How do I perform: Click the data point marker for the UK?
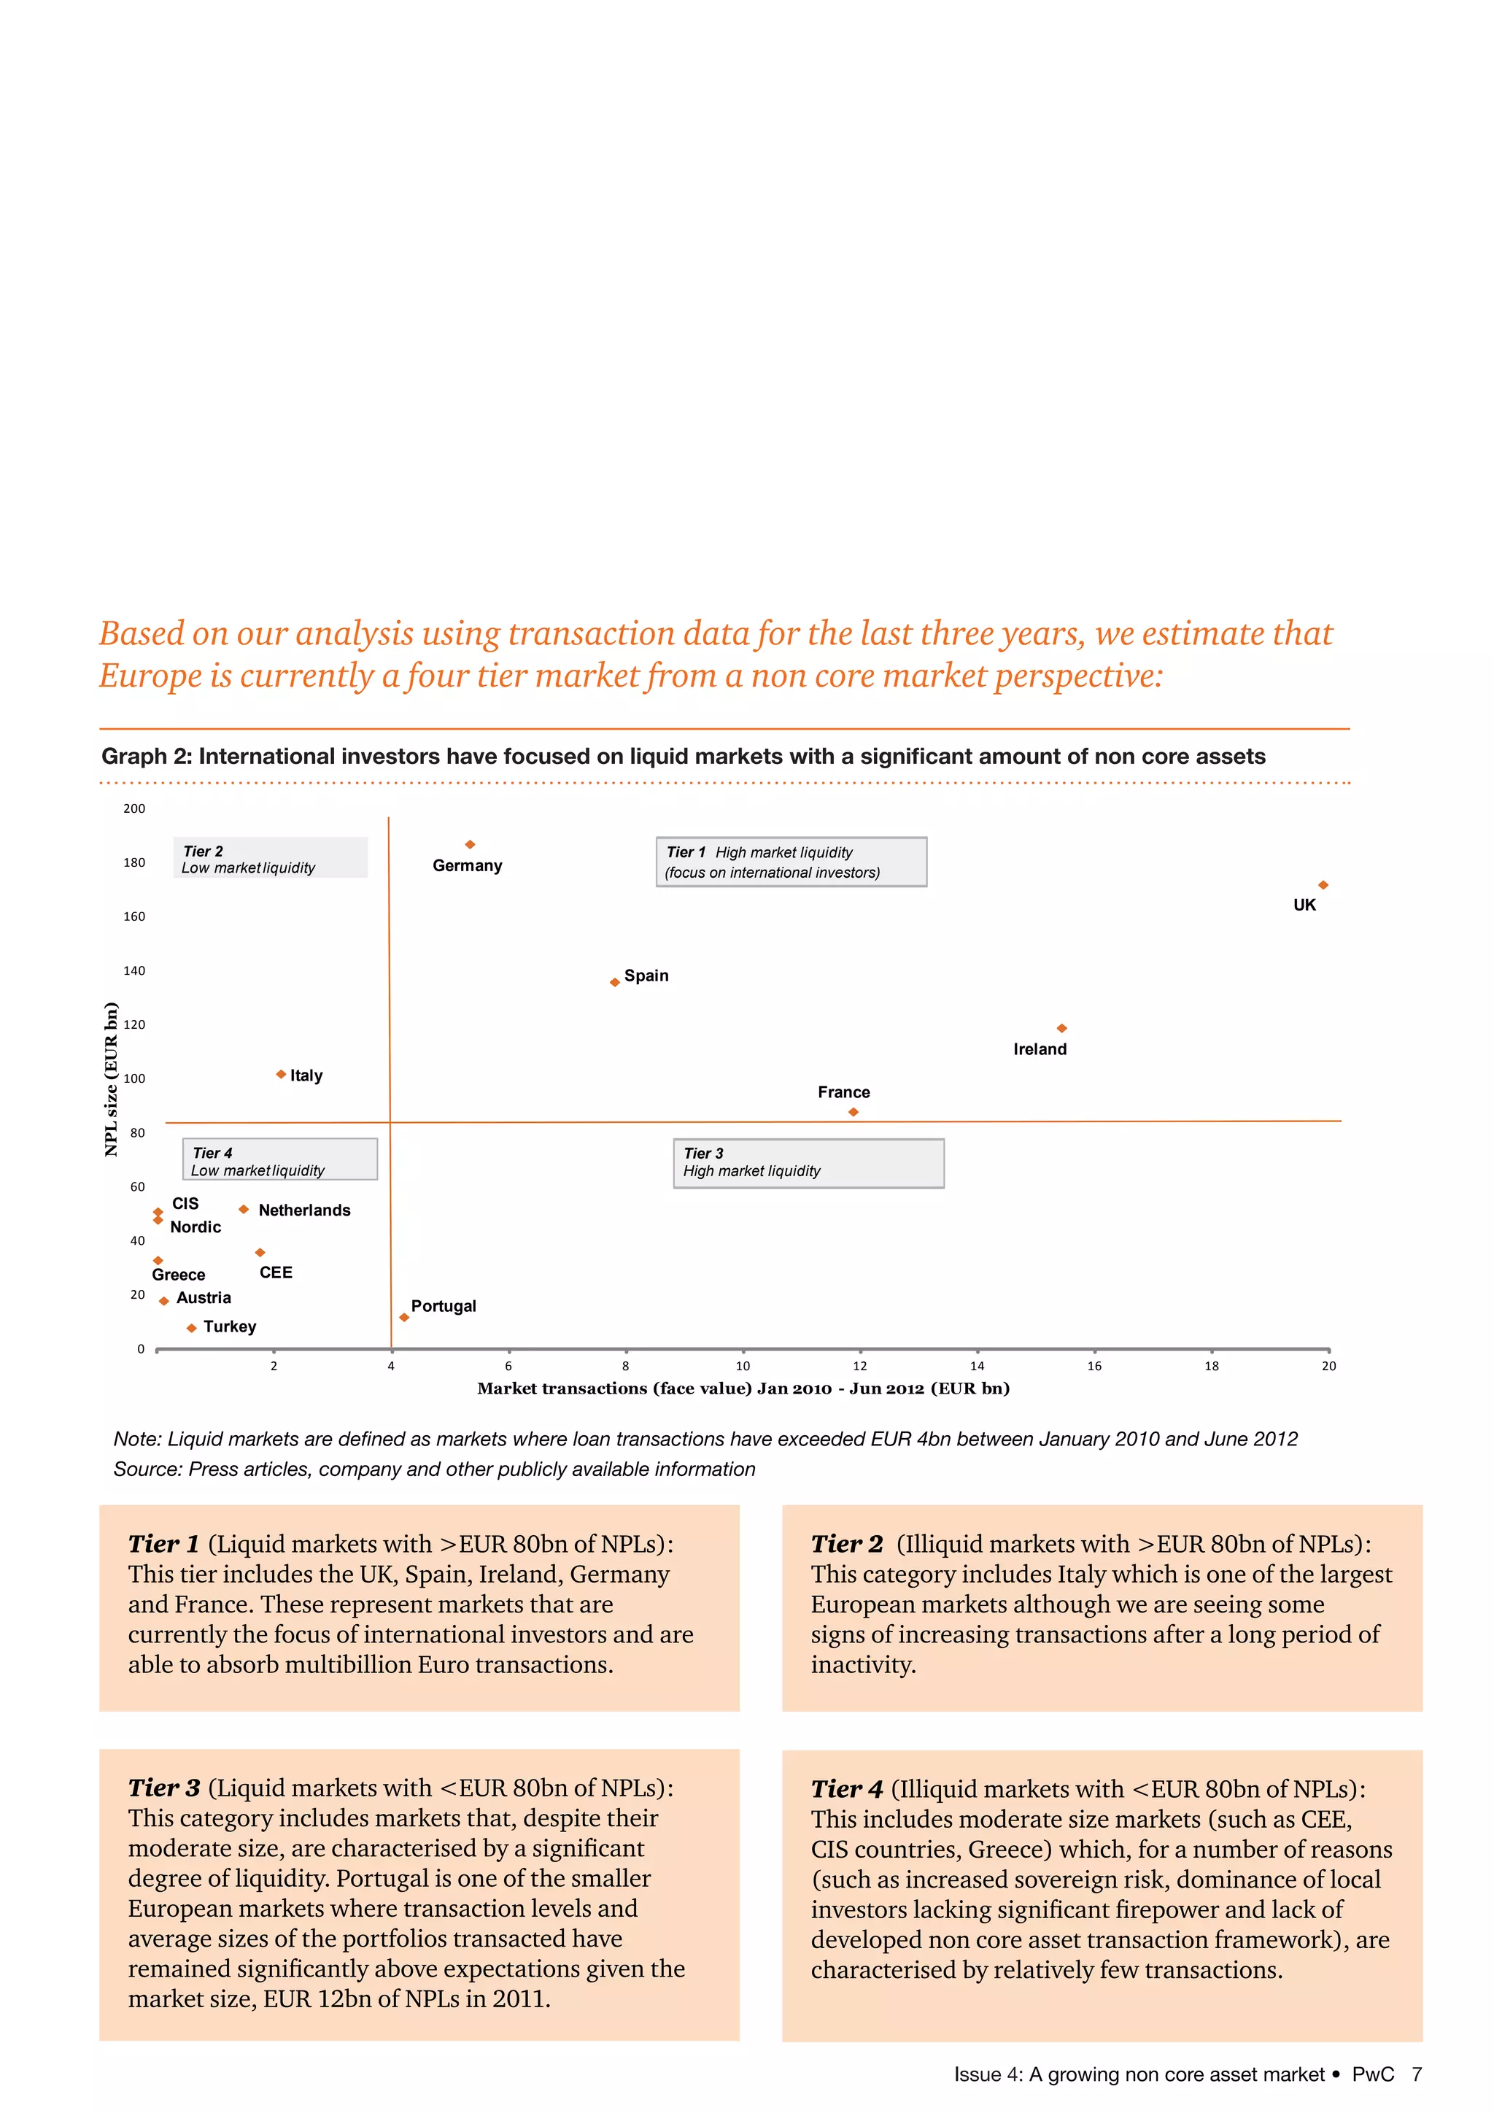pos(1323,885)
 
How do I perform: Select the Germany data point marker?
pos(470,845)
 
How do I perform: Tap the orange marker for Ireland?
pos(1061,1028)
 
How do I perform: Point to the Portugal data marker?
pos(404,1318)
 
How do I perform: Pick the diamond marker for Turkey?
pos(191,1328)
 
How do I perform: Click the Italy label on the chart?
pos(306,1075)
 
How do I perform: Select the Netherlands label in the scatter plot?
pos(304,1210)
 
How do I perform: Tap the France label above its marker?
pos(843,1092)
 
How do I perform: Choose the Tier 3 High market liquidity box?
pos(808,1163)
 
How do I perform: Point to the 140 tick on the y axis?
pos(134,971)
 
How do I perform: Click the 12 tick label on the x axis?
pos(860,1366)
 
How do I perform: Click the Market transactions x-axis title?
pos(743,1388)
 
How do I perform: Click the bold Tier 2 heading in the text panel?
pos(846,1545)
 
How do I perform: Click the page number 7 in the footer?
pos(1417,2074)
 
